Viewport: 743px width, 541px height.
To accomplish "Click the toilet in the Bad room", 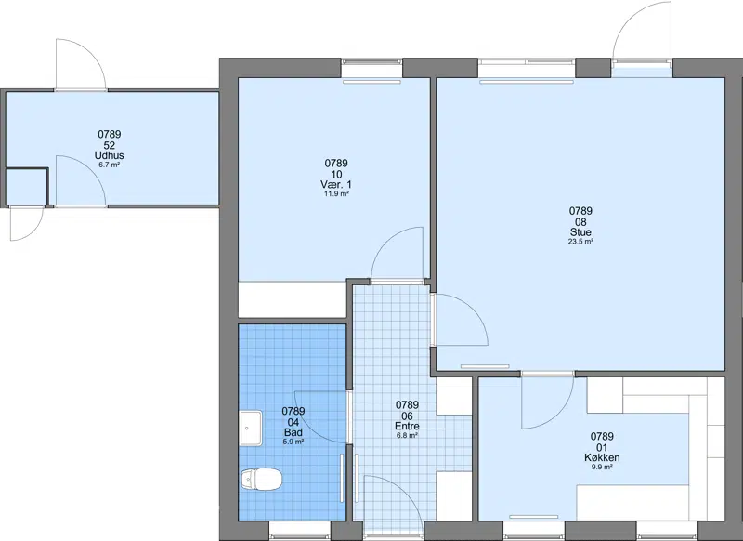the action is pyautogui.click(x=261, y=479).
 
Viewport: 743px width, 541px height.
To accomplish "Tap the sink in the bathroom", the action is pyautogui.click(x=251, y=429).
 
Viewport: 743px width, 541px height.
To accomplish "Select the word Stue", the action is pyautogui.click(x=580, y=232).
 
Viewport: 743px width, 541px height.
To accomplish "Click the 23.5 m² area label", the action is pyautogui.click(x=581, y=242).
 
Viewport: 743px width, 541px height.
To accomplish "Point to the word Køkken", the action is pyautogui.click(x=602, y=457).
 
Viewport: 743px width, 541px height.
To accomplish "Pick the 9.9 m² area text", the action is pyautogui.click(x=602, y=467).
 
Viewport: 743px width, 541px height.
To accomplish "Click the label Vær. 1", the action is pyautogui.click(x=336, y=184).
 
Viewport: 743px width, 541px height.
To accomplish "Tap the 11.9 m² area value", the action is pyautogui.click(x=336, y=193).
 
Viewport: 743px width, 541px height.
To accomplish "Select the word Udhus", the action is pyautogui.click(x=110, y=155).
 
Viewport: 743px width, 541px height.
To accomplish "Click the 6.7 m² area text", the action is pyautogui.click(x=109, y=165).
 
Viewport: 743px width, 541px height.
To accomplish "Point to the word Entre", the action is pyautogui.click(x=407, y=426).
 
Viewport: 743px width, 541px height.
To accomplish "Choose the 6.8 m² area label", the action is pyautogui.click(x=407, y=435).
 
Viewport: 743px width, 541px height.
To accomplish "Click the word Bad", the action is pyautogui.click(x=293, y=432).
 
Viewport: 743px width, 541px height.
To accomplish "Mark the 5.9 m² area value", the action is pyautogui.click(x=293, y=442).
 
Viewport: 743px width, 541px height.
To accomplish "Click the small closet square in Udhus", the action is pyautogui.click(x=26, y=187).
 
